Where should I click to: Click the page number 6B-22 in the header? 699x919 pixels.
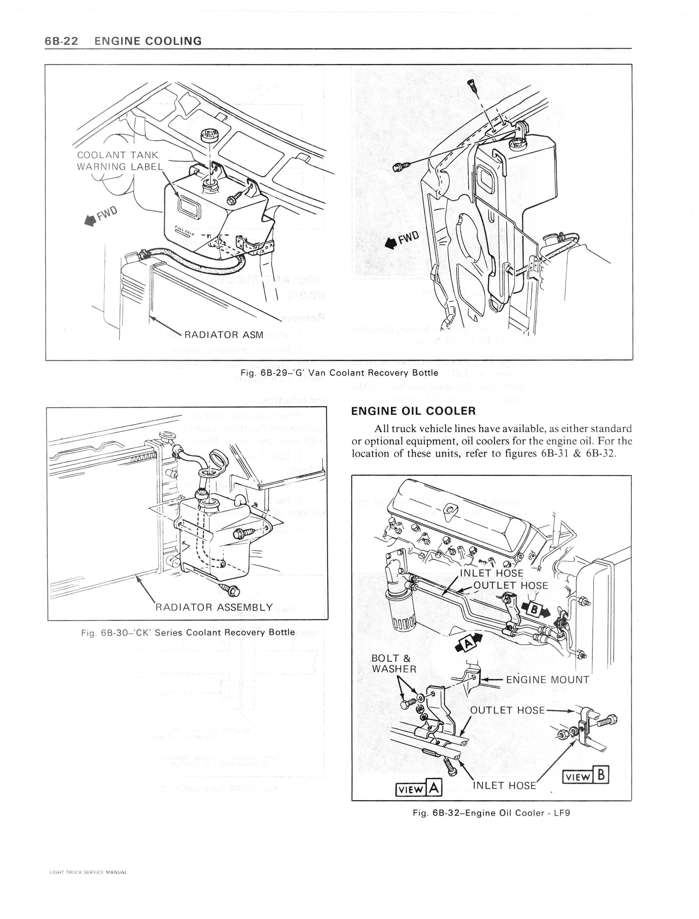coord(61,41)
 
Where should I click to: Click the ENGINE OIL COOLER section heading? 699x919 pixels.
coord(413,411)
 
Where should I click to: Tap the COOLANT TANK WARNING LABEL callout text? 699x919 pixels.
coord(119,161)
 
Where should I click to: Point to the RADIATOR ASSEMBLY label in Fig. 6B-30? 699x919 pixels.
coord(214,607)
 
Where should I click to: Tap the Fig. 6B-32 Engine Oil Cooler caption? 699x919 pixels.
coord(491,812)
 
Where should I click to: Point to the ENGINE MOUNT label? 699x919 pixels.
coord(548,680)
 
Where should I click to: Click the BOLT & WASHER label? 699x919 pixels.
coord(394,664)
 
